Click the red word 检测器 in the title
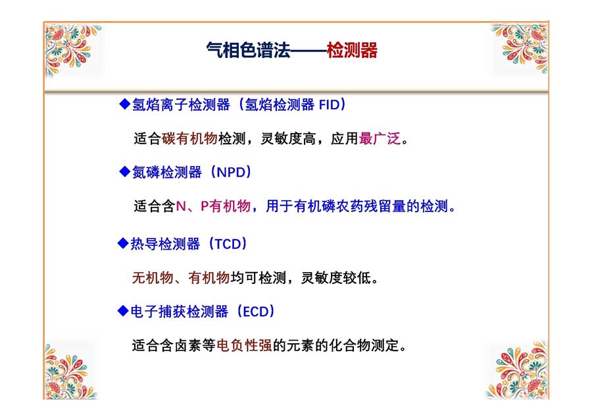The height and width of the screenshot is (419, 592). coord(352,50)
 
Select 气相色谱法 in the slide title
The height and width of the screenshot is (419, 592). coord(248,50)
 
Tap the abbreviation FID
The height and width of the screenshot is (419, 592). coord(330,104)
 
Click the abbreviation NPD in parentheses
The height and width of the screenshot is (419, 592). coord(231,173)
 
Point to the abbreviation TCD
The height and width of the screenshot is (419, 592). coord(228,244)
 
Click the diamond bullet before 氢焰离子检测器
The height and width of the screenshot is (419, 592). coord(124,104)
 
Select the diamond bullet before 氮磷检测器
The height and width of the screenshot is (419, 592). coord(124,172)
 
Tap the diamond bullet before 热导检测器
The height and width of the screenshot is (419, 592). coord(123,243)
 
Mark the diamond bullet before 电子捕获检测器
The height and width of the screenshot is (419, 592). coord(123,311)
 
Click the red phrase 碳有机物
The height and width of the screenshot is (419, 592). coord(189,138)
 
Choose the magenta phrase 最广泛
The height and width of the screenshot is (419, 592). coord(380,138)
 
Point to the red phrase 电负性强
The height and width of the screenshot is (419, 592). coord(244,345)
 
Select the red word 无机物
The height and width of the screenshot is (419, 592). coord(153,278)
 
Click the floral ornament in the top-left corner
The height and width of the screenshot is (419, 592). coord(72,48)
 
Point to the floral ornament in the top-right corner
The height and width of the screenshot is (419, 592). coord(520,47)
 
